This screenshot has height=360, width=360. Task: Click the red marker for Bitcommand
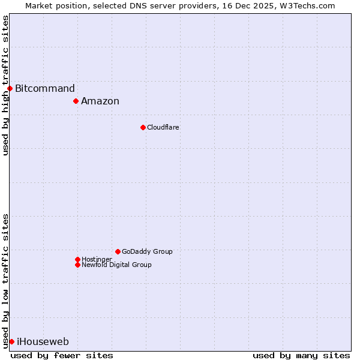point(10,89)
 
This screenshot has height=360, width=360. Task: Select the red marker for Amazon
point(76,101)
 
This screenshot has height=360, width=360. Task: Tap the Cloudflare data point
point(143,127)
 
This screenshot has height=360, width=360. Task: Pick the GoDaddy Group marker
point(118,251)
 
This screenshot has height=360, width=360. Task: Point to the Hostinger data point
point(77,259)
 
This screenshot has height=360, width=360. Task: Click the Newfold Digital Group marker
point(77,265)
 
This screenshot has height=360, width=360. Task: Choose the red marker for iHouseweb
point(11,341)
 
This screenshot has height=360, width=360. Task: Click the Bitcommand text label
point(45,89)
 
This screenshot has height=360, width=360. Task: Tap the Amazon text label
point(100,101)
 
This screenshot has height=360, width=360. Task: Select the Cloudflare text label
point(163,127)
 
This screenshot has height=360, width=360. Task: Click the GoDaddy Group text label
point(147,251)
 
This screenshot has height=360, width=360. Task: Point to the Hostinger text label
point(97,259)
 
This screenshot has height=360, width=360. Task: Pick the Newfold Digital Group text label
point(116,265)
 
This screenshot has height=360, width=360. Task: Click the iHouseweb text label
point(43,342)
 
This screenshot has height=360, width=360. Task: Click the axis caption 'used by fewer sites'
point(62,355)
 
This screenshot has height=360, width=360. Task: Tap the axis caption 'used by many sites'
point(301,355)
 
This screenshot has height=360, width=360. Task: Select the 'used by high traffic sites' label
point(5,85)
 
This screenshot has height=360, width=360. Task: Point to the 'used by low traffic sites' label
point(5,281)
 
